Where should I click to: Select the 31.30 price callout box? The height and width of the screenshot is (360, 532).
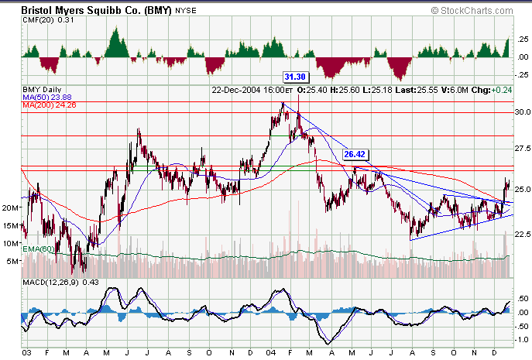pyautogui.click(x=295, y=77)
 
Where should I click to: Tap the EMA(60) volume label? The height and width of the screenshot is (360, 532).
pyautogui.click(x=39, y=248)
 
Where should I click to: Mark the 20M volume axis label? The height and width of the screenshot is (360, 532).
pyautogui.click(x=11, y=207)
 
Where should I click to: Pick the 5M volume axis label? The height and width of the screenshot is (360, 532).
pyautogui.click(x=13, y=261)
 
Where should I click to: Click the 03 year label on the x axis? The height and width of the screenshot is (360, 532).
pyautogui.click(x=27, y=353)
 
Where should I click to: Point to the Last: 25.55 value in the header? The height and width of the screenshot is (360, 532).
pyautogui.click(x=417, y=89)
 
